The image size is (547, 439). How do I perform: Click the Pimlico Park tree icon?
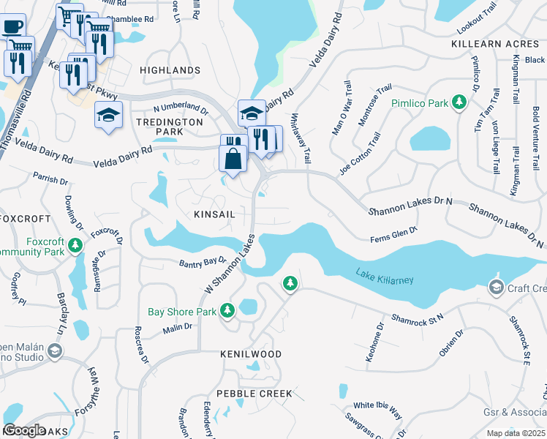point(459,103)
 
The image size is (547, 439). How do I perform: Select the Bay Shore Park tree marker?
point(227,312)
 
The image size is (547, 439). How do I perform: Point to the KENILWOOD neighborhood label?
point(251,353)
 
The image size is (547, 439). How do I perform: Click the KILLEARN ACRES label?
point(495,44)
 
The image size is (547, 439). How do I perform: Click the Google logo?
point(24,430)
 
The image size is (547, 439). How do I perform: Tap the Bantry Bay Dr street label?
point(203,261)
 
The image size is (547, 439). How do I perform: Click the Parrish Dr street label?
point(50,178)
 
